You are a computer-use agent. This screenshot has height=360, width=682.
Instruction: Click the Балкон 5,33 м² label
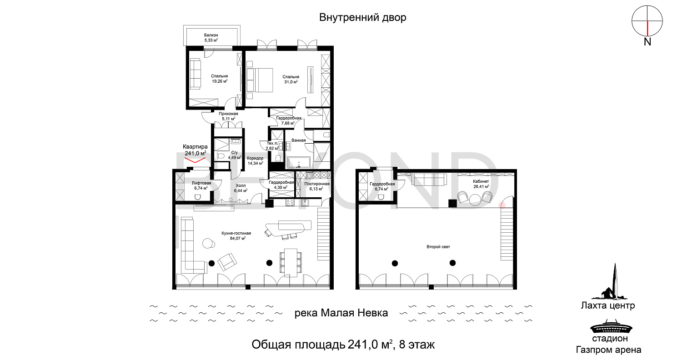[211, 38]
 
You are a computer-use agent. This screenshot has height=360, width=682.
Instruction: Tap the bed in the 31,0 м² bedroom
[260, 80]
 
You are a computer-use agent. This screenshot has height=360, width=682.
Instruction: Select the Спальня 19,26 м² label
[220, 79]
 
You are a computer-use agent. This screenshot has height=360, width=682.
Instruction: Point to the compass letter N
[647, 42]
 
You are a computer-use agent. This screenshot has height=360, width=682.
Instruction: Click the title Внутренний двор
[363, 17]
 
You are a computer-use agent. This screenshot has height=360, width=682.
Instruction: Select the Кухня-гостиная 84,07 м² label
[236, 236]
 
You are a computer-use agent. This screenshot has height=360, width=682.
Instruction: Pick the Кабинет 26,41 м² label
[481, 184]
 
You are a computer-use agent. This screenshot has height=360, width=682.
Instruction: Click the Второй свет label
[438, 247]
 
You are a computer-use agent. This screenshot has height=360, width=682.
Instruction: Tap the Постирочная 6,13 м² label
[317, 186]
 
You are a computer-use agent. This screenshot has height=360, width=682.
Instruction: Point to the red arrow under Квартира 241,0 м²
[195, 160]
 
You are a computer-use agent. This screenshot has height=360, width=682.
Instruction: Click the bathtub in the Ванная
[299, 163]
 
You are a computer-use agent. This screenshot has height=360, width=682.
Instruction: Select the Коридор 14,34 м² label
[255, 160]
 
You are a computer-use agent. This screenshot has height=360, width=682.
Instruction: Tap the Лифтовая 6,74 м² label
[201, 185]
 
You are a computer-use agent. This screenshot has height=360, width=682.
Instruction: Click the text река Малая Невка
[341, 313]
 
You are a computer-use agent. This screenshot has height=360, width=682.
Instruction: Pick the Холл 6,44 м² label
[241, 188]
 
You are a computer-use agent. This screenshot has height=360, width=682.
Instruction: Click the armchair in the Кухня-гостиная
[227, 262]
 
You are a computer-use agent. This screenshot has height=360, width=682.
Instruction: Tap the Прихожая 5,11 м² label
[228, 116]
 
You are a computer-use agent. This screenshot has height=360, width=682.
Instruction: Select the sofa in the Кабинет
[429, 179]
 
